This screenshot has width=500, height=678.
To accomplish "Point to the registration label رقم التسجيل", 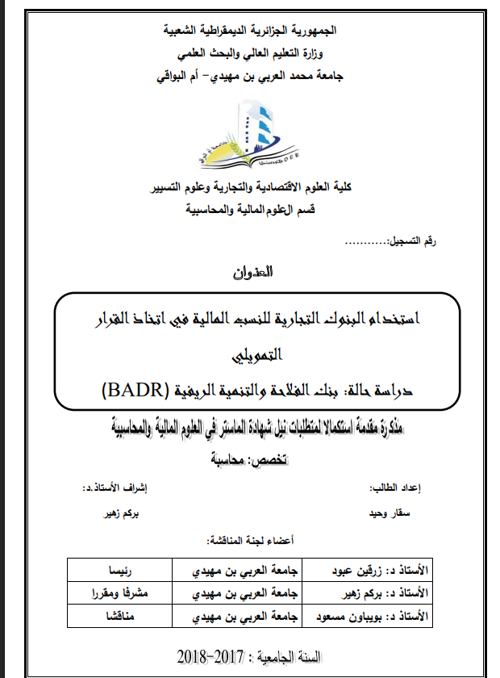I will click(x=419, y=242).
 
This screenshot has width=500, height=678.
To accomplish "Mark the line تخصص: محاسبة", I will click(x=251, y=461).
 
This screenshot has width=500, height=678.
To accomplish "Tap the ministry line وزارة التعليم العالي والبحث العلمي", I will click(x=251, y=53).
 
